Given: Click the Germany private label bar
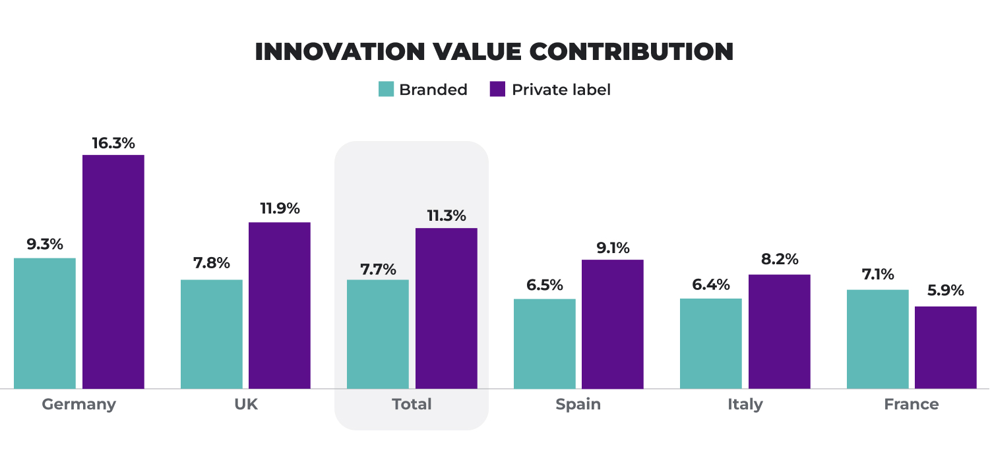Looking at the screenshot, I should (113, 272).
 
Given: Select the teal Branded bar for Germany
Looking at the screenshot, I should (45, 323).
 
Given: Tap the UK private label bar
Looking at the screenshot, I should (280, 305).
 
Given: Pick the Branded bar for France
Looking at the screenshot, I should (877, 339).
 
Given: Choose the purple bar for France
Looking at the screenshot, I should (946, 347).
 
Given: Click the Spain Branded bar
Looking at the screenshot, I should (545, 343).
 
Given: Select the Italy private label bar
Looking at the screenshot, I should (779, 332).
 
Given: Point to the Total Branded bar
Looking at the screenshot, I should (378, 334).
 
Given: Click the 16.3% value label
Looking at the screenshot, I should (113, 143).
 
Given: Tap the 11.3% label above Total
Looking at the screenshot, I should (446, 216).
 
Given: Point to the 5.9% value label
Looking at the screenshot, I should (945, 291).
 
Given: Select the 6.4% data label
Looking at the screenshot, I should (711, 285).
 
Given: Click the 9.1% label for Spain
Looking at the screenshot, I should (612, 248).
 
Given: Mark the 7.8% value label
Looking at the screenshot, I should (211, 263).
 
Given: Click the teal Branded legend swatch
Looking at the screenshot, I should (386, 90).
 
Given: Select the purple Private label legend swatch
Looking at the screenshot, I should (498, 90).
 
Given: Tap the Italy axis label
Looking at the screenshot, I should (745, 404).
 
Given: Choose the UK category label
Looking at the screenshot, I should (245, 404).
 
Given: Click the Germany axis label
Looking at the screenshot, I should (78, 404).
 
